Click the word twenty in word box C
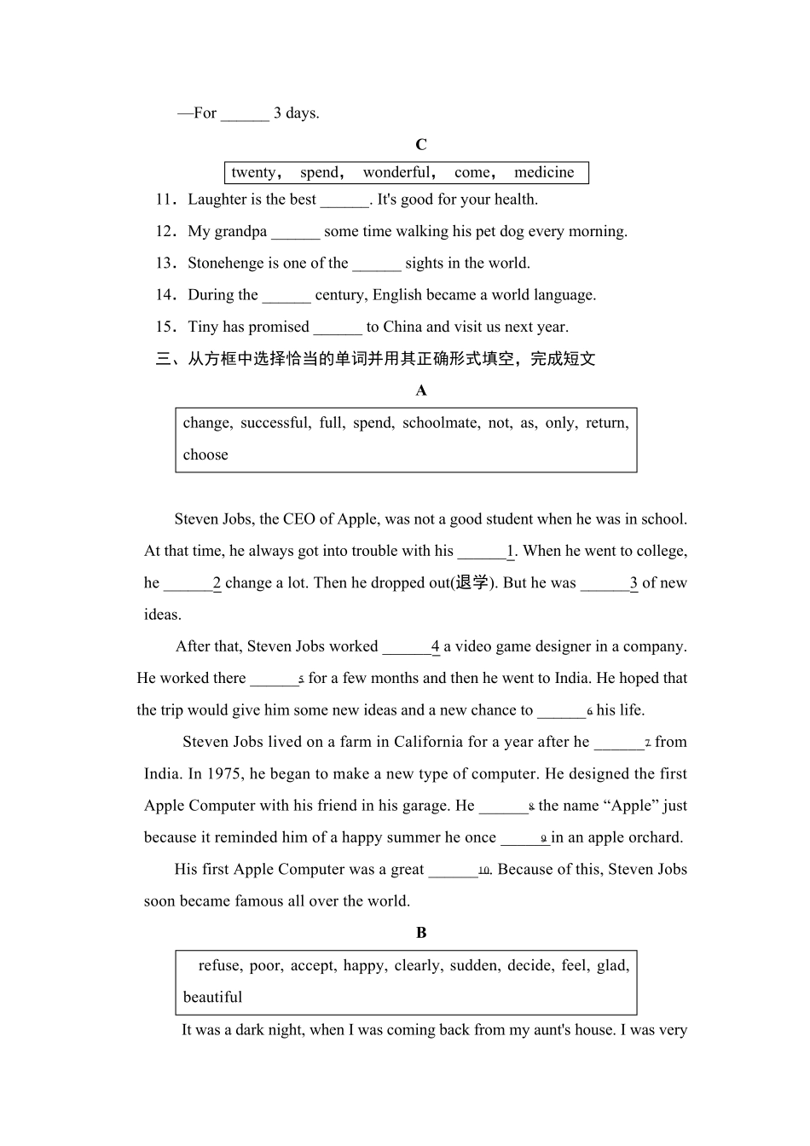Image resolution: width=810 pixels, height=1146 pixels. coord(253,172)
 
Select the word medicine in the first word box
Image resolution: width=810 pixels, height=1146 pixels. coord(544,172)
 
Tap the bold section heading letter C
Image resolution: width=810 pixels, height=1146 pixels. coord(421,145)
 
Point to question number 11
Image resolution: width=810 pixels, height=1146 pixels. coord(165,200)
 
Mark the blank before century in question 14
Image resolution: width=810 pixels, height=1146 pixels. coord(286,296)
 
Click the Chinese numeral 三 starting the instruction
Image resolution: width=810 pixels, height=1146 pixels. coord(164,359)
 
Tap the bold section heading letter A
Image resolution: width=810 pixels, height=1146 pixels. coord(421,391)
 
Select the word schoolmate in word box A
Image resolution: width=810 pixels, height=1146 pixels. coord(440,423)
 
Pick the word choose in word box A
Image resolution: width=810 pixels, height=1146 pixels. coord(205,454)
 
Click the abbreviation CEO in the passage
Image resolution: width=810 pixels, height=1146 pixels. coord(299,519)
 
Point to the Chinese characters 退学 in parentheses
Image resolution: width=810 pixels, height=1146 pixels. coord(472,582)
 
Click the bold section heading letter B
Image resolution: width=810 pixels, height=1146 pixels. coord(421,933)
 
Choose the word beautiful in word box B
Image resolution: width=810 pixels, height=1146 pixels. coord(212,998)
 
